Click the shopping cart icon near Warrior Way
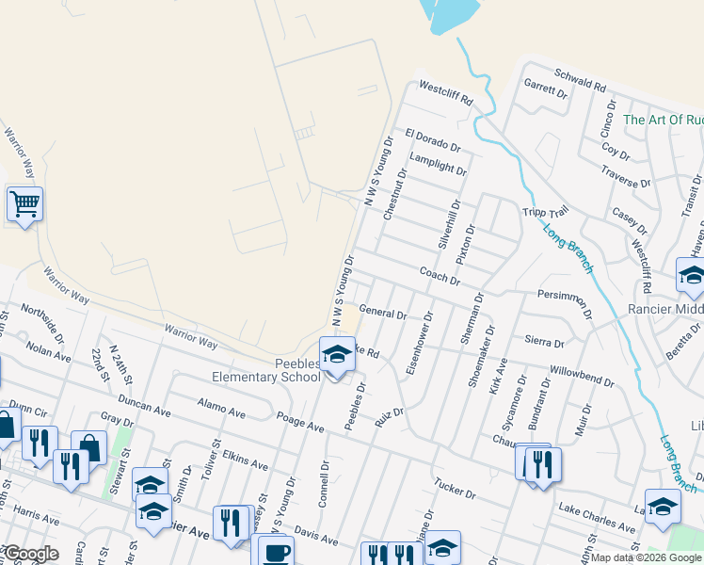point(24,203)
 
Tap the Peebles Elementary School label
point(280,371)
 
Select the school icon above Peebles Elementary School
point(335,355)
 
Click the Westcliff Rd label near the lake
point(445,92)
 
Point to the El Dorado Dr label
point(433,140)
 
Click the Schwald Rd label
point(580,85)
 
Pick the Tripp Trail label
point(546,212)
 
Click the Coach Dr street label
point(440,275)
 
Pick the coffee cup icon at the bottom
point(276,552)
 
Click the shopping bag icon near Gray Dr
point(89,447)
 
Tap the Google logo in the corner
point(30,554)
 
